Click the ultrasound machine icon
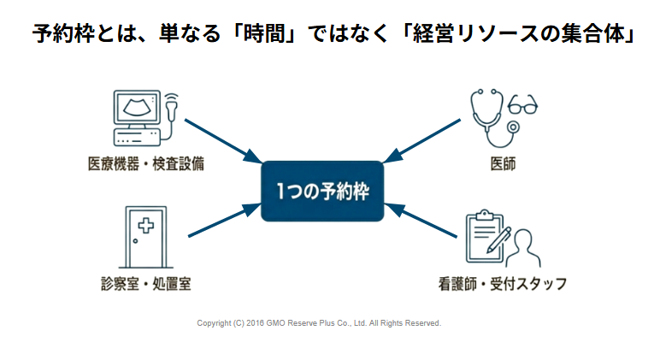(x=138, y=115)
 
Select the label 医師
(x=503, y=162)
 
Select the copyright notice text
(x=319, y=323)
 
